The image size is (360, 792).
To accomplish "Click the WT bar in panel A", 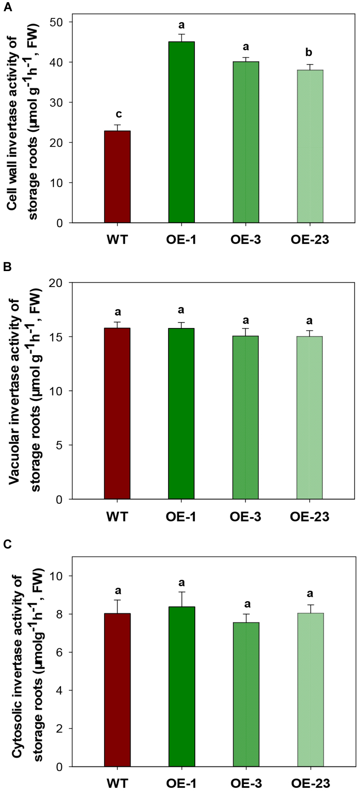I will click(117, 177).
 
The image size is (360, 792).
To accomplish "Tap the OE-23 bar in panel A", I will click(310, 146).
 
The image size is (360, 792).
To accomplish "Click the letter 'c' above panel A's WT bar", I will click(118, 114).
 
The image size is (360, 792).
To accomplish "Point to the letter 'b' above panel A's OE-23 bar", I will click(309, 53).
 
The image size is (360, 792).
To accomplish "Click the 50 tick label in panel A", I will click(56, 22).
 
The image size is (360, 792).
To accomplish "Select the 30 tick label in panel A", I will click(56, 103).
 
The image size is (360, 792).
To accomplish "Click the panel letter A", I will click(8, 7).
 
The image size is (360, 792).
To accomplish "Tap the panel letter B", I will click(7, 267).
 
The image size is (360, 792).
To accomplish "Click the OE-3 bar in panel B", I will click(246, 417).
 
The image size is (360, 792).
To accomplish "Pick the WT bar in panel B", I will click(117, 413).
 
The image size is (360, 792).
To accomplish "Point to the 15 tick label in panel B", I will click(56, 337).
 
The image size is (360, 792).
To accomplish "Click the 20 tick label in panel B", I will click(56, 283).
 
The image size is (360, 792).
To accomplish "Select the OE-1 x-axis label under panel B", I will click(181, 517).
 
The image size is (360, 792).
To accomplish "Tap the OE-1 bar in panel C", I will click(182, 686).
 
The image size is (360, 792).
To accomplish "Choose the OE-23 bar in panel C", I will click(310, 690).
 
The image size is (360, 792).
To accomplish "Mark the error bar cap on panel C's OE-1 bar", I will click(182, 592).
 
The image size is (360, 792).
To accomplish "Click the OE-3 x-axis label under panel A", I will click(246, 240).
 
